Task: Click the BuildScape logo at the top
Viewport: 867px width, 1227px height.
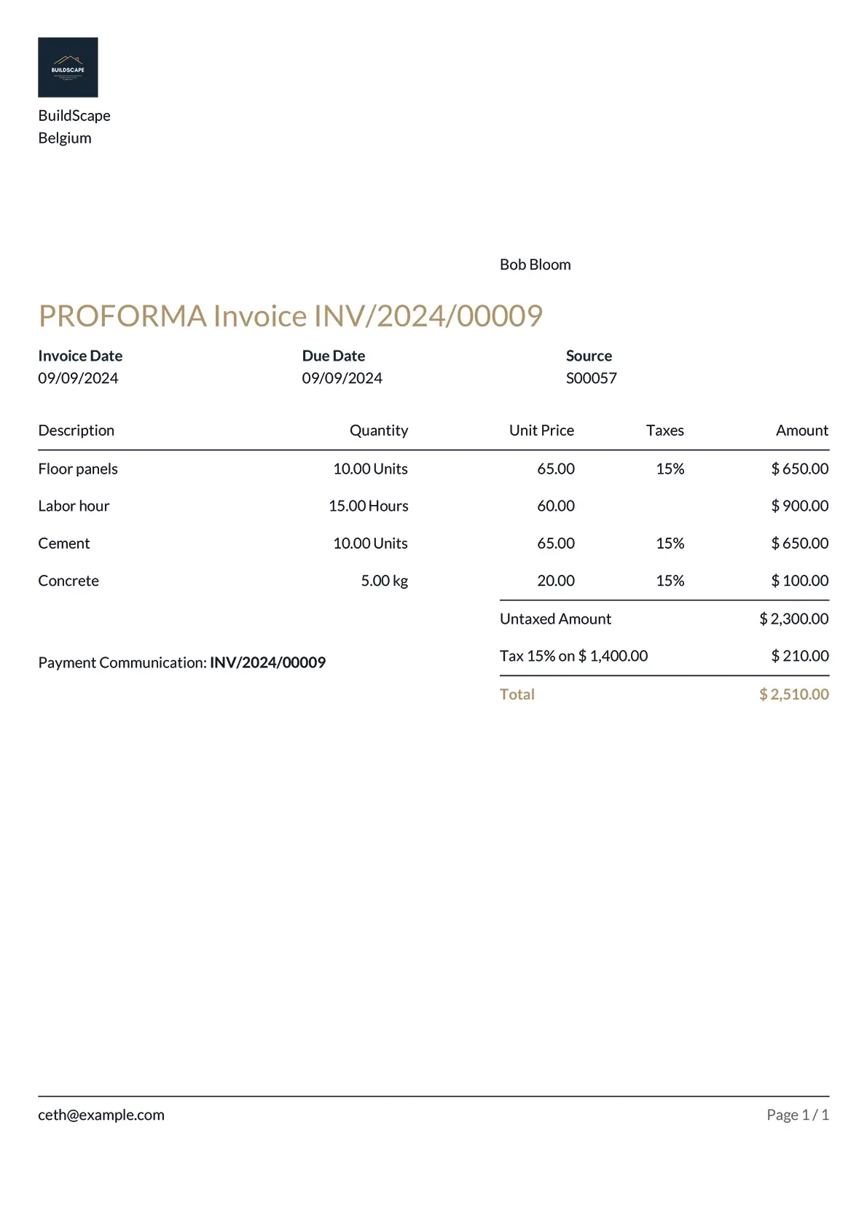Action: point(68,67)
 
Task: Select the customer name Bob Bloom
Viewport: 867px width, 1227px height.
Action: point(535,264)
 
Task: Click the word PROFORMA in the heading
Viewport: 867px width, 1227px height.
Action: point(122,316)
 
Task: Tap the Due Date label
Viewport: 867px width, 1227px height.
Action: point(333,356)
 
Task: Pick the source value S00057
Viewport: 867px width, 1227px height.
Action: point(591,378)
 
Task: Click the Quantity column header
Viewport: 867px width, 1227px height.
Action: point(378,430)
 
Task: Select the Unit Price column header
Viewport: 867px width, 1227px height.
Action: point(541,430)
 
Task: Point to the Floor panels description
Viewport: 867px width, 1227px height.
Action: point(78,469)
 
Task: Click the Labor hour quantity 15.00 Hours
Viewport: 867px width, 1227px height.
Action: point(368,506)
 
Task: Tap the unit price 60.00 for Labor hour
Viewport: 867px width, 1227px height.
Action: point(555,506)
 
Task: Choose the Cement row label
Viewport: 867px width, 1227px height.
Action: point(64,543)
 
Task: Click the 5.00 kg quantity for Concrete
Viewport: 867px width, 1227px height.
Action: point(384,581)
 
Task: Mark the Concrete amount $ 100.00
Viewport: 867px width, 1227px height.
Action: point(799,581)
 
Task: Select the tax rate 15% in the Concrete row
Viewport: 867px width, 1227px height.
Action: point(670,581)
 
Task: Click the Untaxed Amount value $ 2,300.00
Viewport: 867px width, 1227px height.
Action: point(793,619)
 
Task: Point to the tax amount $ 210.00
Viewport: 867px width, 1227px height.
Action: point(799,656)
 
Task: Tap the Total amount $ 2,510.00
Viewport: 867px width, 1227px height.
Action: point(793,694)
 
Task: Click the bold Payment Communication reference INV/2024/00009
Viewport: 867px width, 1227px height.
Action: point(267,662)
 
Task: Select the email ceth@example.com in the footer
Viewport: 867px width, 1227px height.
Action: point(101,1115)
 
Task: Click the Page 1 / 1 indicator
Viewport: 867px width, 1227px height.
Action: point(797,1115)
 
